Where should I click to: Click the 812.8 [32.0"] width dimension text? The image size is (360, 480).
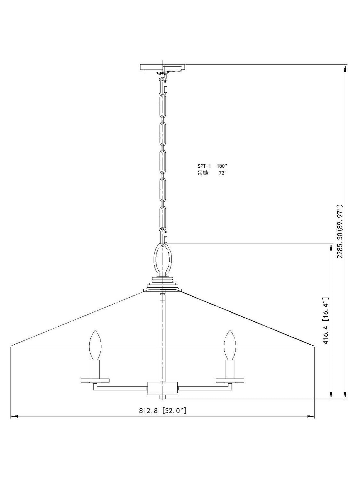pos(163,411)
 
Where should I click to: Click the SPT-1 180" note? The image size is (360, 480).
pos(212,166)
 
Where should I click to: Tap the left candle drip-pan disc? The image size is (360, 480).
pos(95,380)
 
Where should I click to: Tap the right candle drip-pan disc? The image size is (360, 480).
pos(230,380)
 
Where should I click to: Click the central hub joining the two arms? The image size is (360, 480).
pos(163,388)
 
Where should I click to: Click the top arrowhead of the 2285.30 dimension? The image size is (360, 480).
pos(345,68)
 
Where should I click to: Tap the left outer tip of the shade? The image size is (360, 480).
pos(12,346)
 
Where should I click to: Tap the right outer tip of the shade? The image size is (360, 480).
pos(313,345)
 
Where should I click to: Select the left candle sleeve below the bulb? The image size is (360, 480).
pos(95,369)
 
